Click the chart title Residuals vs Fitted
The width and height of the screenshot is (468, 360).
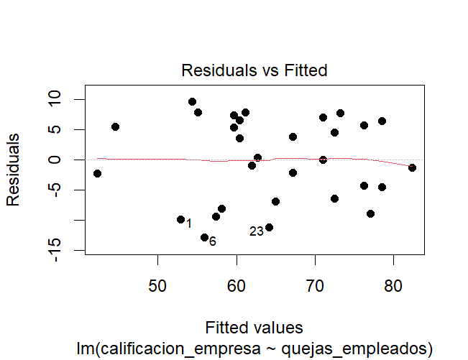click(x=254, y=70)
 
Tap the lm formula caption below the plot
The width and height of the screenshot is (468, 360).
click(x=254, y=349)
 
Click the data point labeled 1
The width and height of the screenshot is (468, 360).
click(x=180, y=219)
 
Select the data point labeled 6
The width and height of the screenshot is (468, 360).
click(x=204, y=237)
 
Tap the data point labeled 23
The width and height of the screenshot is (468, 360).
click(x=269, y=227)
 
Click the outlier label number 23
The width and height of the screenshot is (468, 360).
click(x=257, y=231)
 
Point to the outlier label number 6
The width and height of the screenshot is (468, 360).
click(x=213, y=241)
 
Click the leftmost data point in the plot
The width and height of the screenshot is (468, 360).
click(x=97, y=173)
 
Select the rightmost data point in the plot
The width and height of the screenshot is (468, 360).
click(x=412, y=167)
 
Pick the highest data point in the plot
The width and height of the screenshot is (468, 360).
click(x=192, y=102)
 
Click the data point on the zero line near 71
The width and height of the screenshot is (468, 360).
click(x=323, y=160)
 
